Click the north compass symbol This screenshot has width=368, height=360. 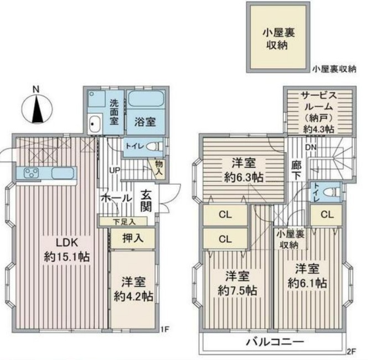pyautogui.click(x=37, y=108)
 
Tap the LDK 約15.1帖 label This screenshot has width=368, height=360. pyautogui.click(x=67, y=250)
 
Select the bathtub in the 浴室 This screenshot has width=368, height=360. pyautogui.click(x=146, y=99)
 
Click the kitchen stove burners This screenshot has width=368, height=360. pyautogui.click(x=31, y=173)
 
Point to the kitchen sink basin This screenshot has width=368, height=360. pyautogui.click(x=63, y=173)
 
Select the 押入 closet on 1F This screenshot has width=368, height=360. pyautogui.click(x=133, y=238)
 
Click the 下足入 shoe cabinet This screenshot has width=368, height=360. pyautogui.click(x=123, y=221)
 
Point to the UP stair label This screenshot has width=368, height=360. pyautogui.click(x=115, y=170)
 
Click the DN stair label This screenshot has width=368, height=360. pyautogui.click(x=311, y=148)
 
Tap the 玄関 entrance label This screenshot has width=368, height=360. pyautogui.click(x=146, y=201)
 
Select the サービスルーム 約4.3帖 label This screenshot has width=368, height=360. pyautogui.click(x=319, y=112)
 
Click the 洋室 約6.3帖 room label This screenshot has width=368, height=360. pyautogui.click(x=243, y=170)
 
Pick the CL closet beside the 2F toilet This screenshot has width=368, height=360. pyautogui.click(x=327, y=215)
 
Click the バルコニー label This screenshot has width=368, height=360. pyautogui.click(x=275, y=342)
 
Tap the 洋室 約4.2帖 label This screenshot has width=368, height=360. pyautogui.click(x=133, y=289)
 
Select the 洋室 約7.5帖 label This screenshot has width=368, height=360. pyautogui.click(x=237, y=283)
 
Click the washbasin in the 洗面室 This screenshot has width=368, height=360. pyautogui.click(x=95, y=124)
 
